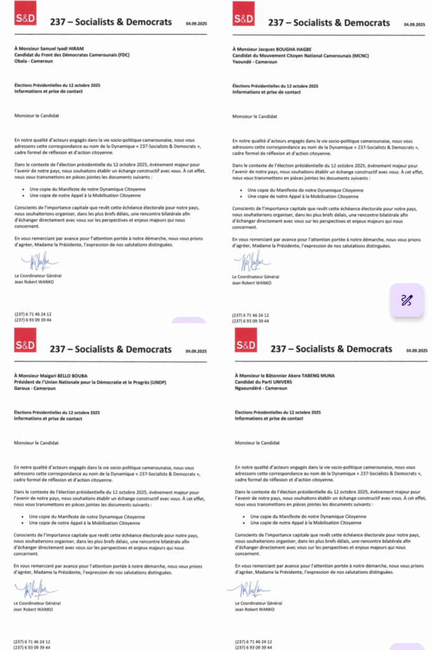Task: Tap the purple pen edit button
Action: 406,300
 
